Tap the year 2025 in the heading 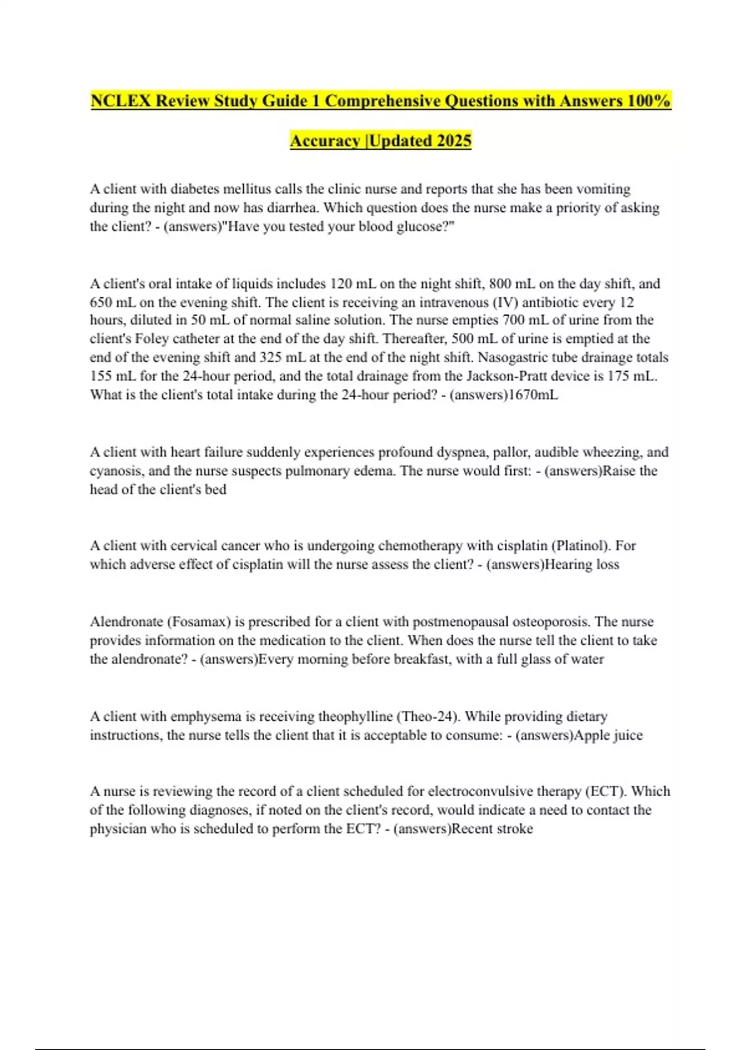(454, 141)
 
